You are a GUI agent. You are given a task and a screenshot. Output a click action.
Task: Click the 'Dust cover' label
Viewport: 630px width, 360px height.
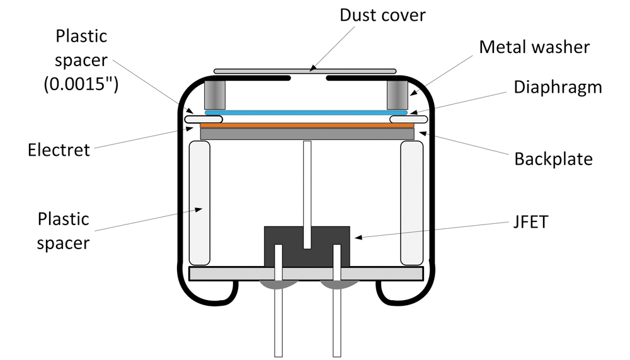pyautogui.click(x=382, y=15)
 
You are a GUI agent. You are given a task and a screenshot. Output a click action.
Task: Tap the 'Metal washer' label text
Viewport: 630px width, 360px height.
pyautogui.click(x=534, y=47)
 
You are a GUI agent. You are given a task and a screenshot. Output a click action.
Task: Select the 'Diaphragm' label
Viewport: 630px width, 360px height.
pyautogui.click(x=558, y=88)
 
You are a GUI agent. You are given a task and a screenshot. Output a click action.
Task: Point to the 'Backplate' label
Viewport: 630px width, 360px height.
pyautogui.click(x=553, y=159)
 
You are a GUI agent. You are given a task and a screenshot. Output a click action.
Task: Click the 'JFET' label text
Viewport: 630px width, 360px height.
pyautogui.click(x=530, y=222)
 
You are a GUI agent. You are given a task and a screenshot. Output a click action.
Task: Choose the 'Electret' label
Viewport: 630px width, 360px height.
pyautogui.click(x=59, y=150)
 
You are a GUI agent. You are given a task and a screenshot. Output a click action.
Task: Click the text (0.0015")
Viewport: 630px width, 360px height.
pyautogui.click(x=81, y=84)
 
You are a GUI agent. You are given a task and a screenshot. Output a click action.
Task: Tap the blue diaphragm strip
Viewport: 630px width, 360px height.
pyautogui.click(x=306, y=113)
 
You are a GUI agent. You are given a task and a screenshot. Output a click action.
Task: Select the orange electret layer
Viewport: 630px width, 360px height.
pyautogui.click(x=307, y=125)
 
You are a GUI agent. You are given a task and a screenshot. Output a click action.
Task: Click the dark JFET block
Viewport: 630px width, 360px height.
pyautogui.click(x=307, y=246)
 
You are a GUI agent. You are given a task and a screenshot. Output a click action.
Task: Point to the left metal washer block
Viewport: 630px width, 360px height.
pyautogui.click(x=215, y=95)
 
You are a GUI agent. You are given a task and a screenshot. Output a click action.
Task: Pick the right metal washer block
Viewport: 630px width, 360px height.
pyautogui.click(x=398, y=95)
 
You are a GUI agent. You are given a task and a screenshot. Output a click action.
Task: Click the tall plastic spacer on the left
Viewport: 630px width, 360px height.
pyautogui.click(x=199, y=203)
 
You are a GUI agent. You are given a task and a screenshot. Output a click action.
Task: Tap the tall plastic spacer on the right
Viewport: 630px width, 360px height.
pyautogui.click(x=412, y=203)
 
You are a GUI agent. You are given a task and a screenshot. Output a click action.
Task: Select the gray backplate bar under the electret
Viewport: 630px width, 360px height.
pyautogui.click(x=307, y=134)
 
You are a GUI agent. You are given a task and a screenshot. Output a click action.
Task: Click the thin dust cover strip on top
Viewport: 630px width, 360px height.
pyautogui.click(x=305, y=72)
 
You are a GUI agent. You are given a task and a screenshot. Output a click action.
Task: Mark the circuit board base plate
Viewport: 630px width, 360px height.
pyautogui.click(x=306, y=274)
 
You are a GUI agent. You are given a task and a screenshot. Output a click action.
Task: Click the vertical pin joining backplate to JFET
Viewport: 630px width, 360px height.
pyautogui.click(x=307, y=195)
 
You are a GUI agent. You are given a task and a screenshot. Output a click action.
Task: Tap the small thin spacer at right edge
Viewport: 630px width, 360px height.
pyautogui.click(x=409, y=119)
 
